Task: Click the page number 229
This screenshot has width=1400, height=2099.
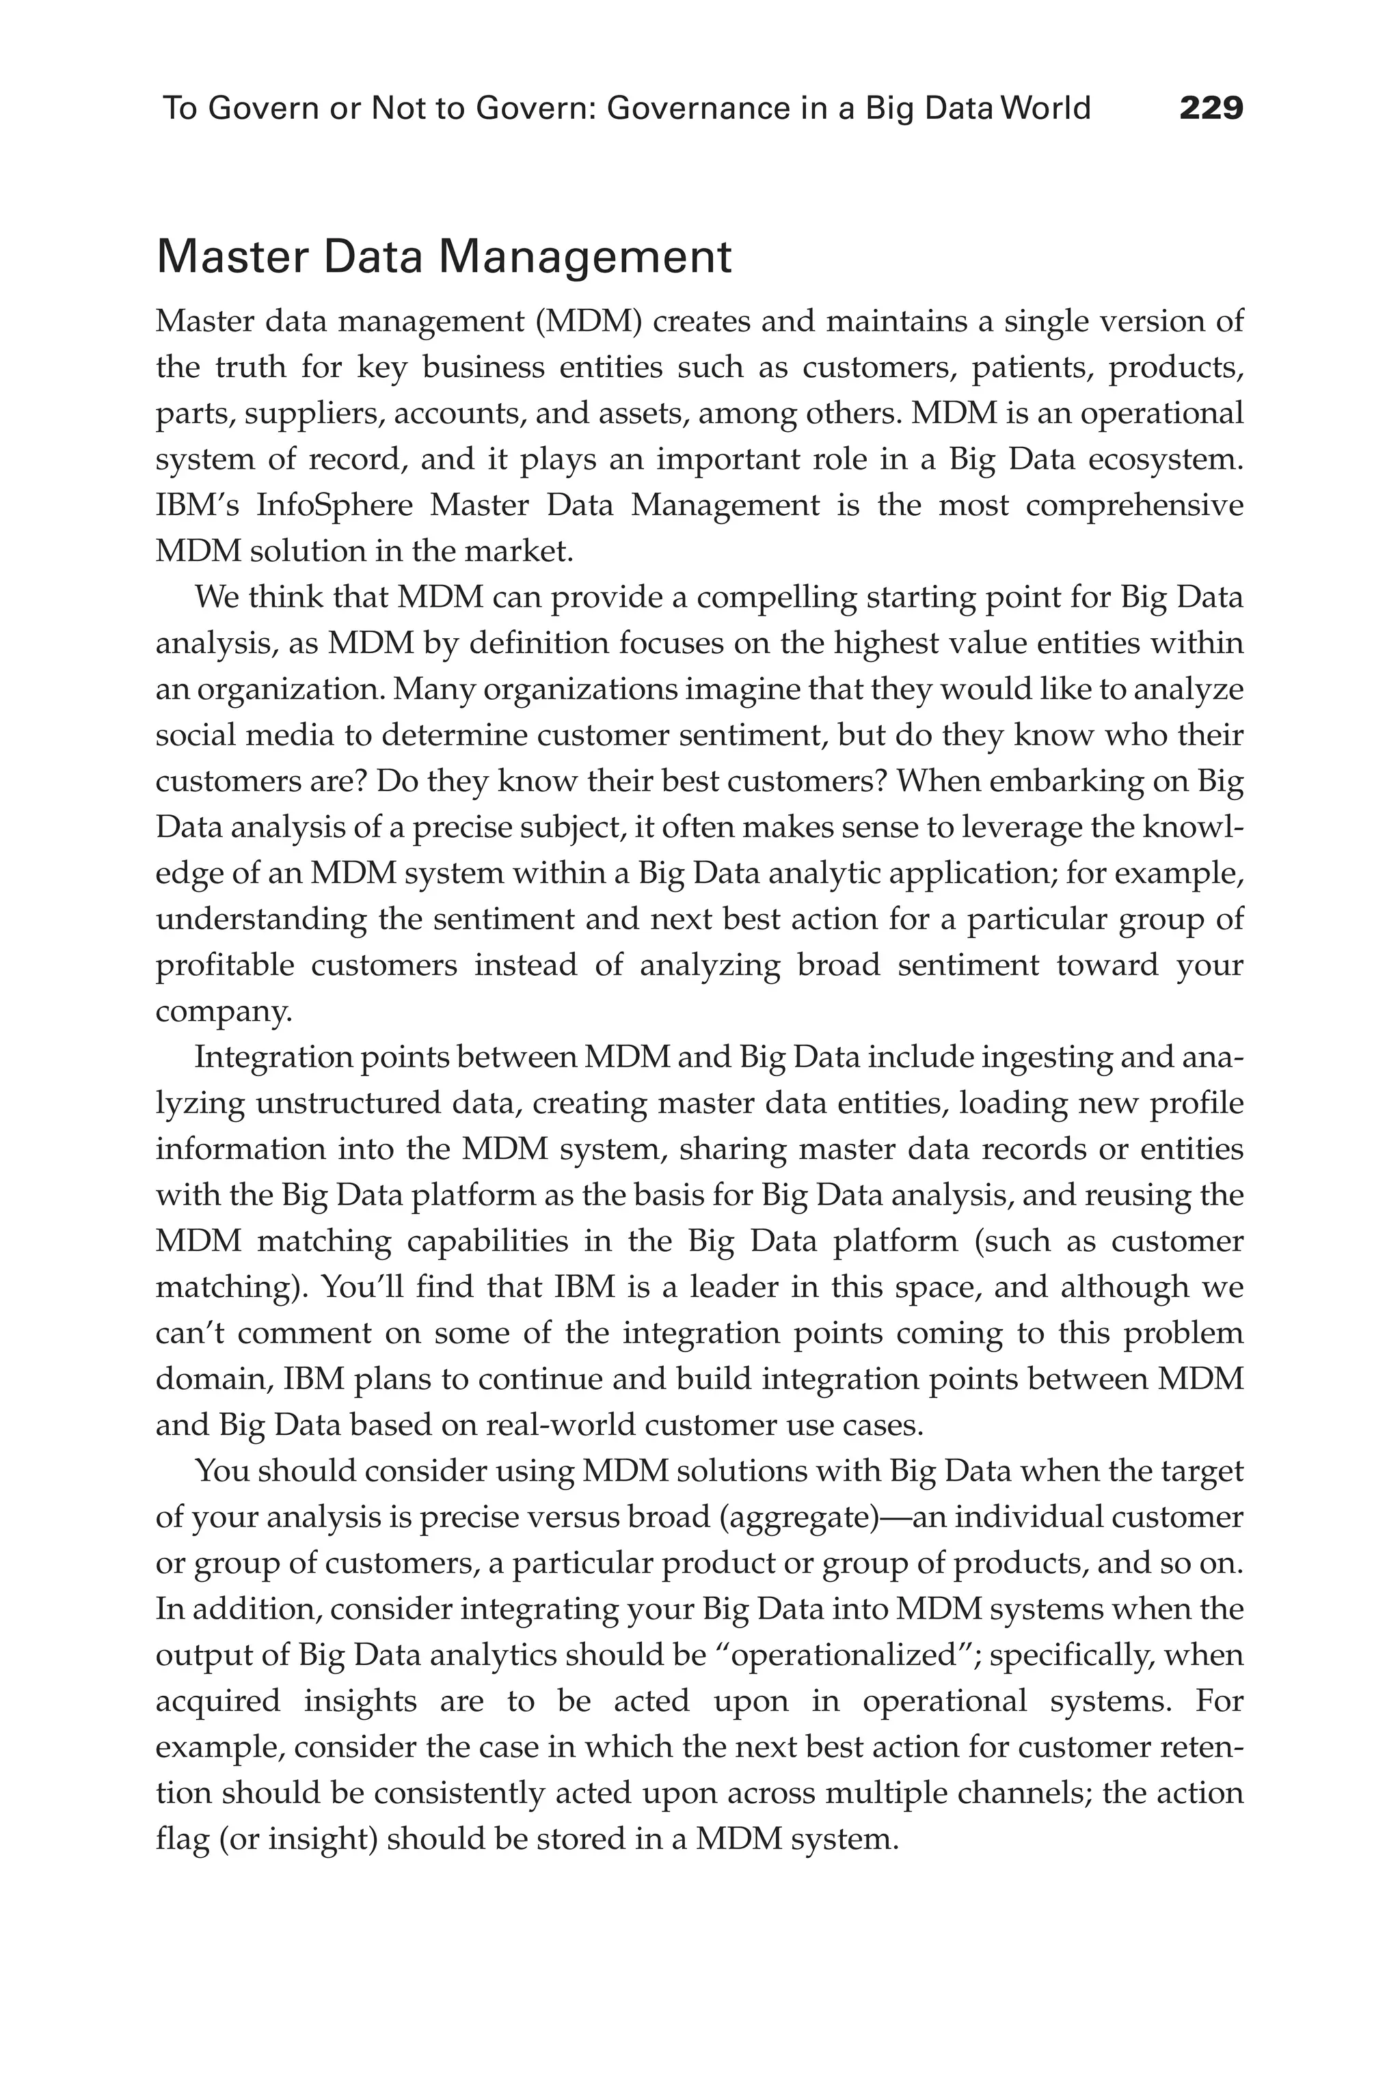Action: [x=1211, y=108]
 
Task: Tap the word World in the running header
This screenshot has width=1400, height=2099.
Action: [x=1047, y=108]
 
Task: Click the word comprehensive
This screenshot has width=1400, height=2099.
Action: [x=1134, y=505]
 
